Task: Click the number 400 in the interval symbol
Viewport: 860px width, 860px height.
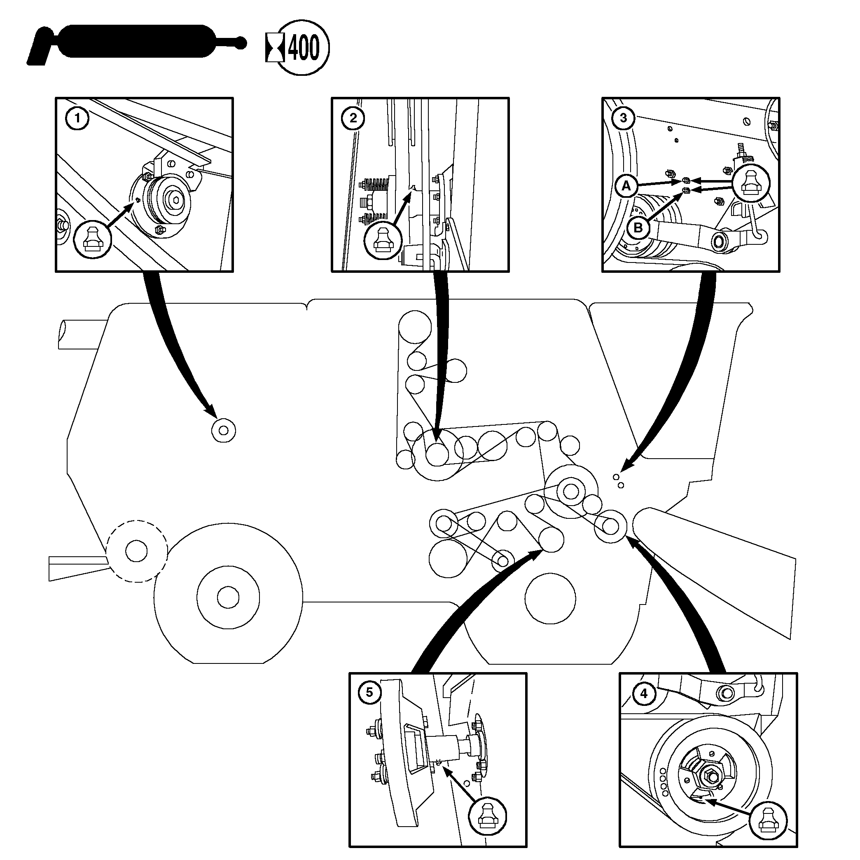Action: (304, 48)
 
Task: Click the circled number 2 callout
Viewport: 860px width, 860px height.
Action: (353, 118)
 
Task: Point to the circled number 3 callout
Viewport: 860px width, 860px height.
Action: (623, 118)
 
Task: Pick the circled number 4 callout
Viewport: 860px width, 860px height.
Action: (644, 694)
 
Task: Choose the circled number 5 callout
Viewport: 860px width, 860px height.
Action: (369, 693)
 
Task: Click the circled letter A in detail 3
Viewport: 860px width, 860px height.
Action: (626, 186)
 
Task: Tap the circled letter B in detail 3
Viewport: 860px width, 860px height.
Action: (638, 227)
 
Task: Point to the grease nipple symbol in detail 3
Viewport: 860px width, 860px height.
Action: (750, 183)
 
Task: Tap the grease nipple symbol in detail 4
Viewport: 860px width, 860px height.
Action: (768, 820)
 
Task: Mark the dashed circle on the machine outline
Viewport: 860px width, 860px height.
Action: (137, 551)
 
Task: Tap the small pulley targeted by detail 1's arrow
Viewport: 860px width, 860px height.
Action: (224, 431)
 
